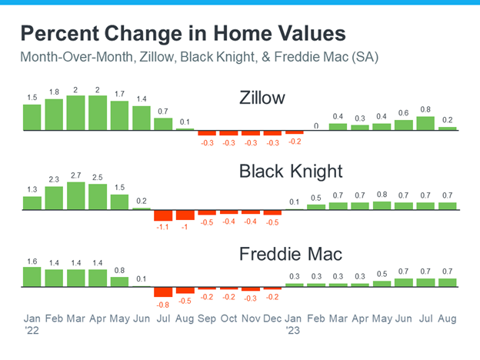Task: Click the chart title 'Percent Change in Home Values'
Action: coord(183,34)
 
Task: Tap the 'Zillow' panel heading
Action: coord(262,98)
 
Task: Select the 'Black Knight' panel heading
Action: coord(291,171)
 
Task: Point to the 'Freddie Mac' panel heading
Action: coord(291,254)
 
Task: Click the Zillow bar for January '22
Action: coord(32,118)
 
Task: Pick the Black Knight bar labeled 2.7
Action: coord(76,196)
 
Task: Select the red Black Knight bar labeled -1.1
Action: coord(163,215)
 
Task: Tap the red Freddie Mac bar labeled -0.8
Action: coord(163,292)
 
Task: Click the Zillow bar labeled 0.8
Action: coord(425,123)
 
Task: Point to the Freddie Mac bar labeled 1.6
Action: coord(32,277)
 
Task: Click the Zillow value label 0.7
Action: coord(163,112)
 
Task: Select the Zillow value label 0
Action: coord(316,126)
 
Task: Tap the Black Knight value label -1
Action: coord(185,227)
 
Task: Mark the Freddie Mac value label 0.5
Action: coord(382,274)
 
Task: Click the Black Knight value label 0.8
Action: coord(382,195)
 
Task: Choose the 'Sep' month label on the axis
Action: coord(207,318)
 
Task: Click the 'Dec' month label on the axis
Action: coord(272,318)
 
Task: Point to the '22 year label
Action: coord(32,331)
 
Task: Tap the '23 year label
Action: coord(293,331)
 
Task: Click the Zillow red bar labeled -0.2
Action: coord(295,132)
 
